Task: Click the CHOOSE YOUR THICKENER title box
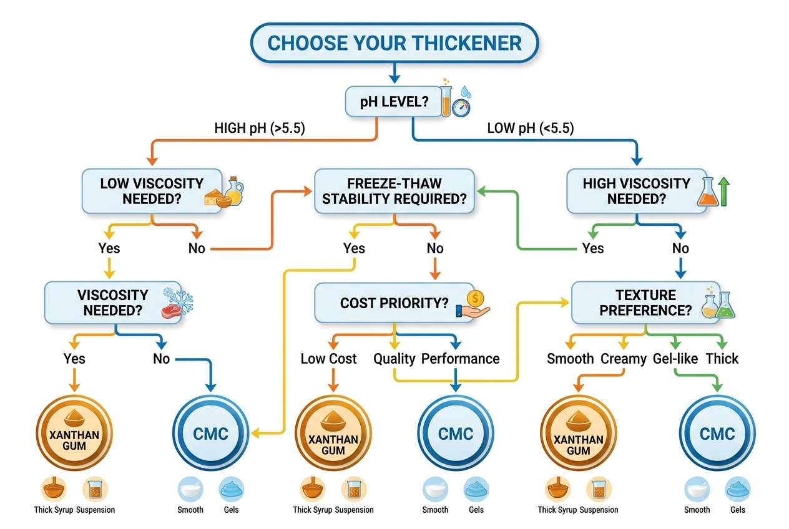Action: tap(394, 43)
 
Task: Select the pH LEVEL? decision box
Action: tap(394, 102)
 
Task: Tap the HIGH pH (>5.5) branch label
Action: tap(260, 129)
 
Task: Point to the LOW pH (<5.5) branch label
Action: tap(530, 129)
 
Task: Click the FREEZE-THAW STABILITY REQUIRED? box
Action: tap(394, 192)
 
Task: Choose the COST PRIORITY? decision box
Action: tap(394, 303)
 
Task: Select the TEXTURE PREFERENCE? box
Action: tap(645, 302)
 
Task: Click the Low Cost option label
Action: tap(328, 359)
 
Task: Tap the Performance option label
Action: tap(460, 359)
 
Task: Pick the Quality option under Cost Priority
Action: tap(394, 359)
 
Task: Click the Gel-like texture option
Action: tap(674, 359)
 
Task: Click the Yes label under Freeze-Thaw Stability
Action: tap(354, 248)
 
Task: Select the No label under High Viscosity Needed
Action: tap(680, 248)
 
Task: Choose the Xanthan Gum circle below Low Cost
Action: tap(333, 434)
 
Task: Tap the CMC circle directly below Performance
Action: tap(456, 434)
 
